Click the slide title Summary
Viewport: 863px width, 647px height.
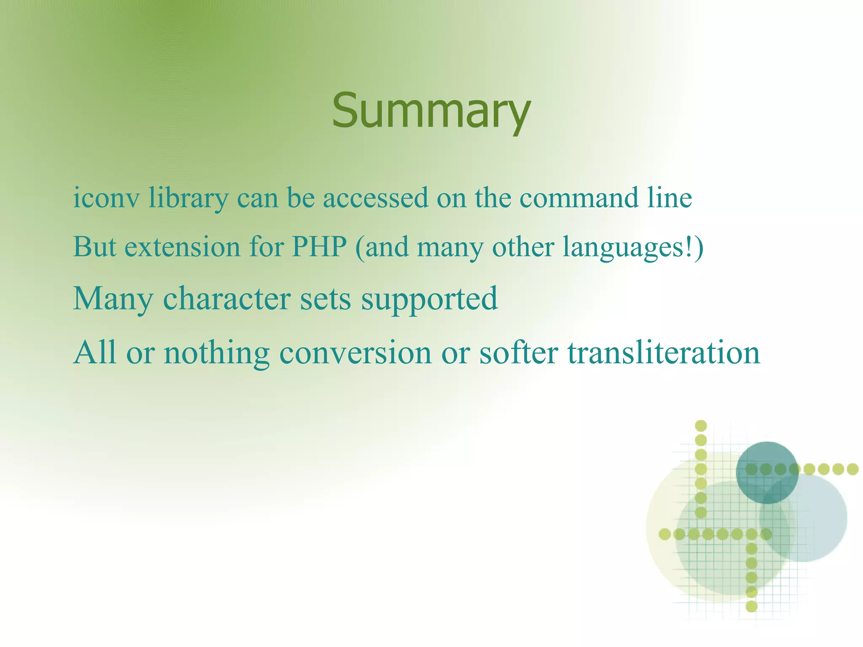coord(431,110)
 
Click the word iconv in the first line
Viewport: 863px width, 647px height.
coord(106,198)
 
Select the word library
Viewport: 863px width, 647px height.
coord(188,198)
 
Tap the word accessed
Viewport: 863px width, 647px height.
coord(375,198)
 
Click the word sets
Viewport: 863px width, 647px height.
coord(325,298)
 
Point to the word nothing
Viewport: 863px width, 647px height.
coord(217,353)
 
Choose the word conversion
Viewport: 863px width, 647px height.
coord(355,353)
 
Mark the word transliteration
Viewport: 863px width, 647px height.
coord(664,353)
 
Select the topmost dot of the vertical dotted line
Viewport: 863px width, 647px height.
coord(700,426)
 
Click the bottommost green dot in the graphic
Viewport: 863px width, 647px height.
coord(751,607)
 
